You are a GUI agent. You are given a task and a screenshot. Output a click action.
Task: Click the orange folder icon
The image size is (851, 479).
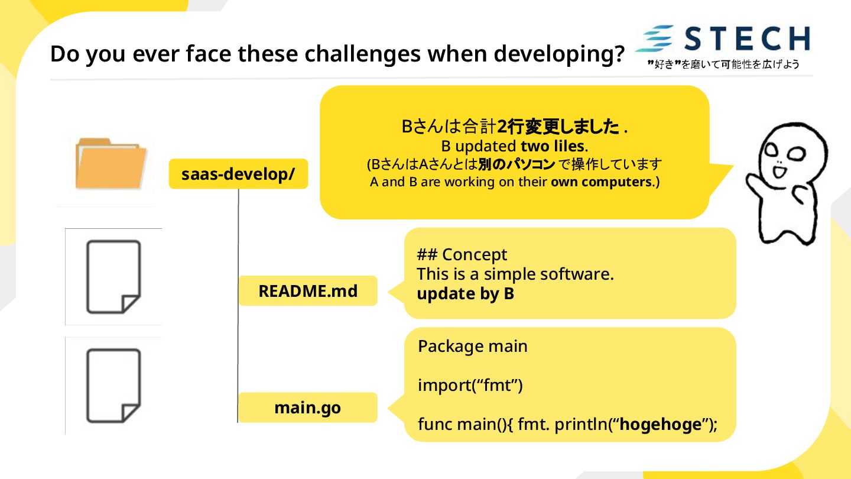point(111,163)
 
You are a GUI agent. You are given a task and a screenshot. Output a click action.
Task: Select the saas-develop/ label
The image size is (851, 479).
point(238,174)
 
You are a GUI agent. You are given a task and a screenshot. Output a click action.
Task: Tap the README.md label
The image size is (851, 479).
point(308,291)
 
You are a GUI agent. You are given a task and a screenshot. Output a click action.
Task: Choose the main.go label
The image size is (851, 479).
point(308,408)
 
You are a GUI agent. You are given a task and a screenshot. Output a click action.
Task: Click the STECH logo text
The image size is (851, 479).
point(748,38)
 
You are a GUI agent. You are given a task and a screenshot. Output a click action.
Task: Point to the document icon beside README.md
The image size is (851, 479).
point(114,276)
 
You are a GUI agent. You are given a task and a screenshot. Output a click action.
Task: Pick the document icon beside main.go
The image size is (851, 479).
point(114,386)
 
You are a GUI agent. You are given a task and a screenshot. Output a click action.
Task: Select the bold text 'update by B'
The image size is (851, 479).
point(465,294)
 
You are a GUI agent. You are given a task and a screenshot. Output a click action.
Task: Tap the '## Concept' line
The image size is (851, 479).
point(462,255)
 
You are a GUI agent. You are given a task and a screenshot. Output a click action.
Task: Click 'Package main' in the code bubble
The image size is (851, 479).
point(472,346)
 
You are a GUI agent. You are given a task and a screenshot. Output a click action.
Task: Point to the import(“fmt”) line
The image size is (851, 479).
point(470,386)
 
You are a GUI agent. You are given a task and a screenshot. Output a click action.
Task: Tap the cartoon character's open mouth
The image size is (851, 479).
point(778,172)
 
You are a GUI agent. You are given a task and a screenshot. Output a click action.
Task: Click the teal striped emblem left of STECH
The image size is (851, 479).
point(655,39)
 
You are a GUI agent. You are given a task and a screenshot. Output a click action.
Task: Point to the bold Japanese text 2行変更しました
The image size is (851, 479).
point(558,127)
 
